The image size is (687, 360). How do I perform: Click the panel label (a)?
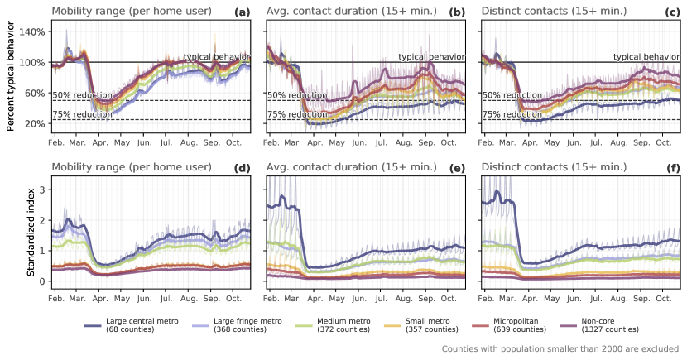pos(243,12)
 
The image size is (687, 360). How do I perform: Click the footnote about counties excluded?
pos(560,349)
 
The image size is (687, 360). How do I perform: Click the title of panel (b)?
pos(343,12)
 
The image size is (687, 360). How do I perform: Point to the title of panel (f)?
pos(554,167)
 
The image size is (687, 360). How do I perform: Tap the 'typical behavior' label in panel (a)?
pos(216,56)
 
